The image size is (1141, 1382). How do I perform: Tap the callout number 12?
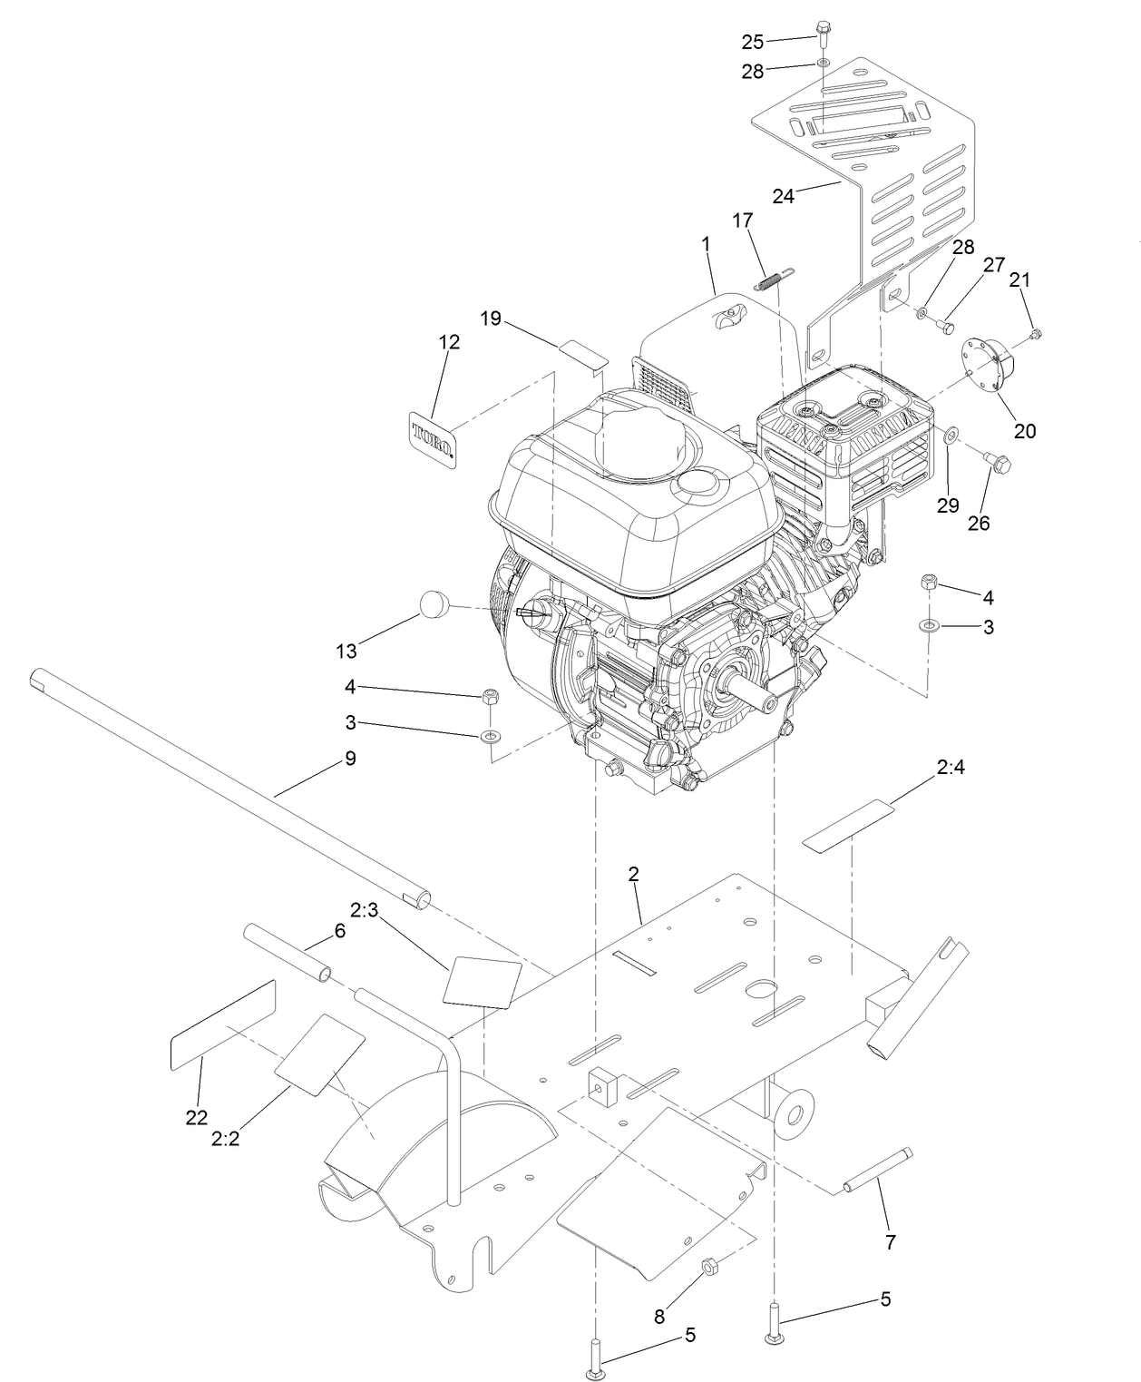[449, 342]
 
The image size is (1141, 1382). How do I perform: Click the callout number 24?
[783, 195]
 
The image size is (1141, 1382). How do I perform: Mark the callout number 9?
[350, 758]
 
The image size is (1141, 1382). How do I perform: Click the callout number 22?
[197, 1118]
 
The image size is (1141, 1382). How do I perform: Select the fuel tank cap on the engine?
[647, 442]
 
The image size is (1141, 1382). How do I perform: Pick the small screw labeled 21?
[1036, 334]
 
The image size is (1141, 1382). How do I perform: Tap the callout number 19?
[491, 318]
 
